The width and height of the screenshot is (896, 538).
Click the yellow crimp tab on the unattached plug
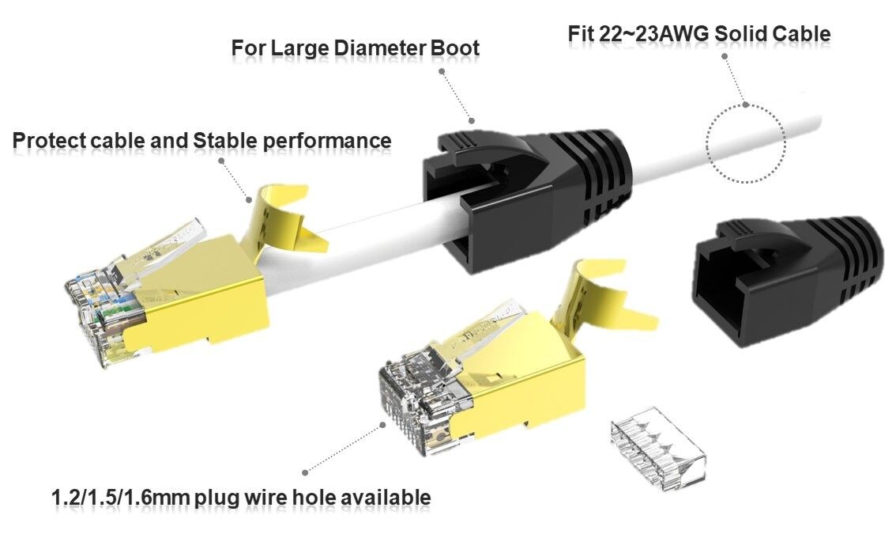pos(600,301)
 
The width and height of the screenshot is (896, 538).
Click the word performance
pos(327,141)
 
